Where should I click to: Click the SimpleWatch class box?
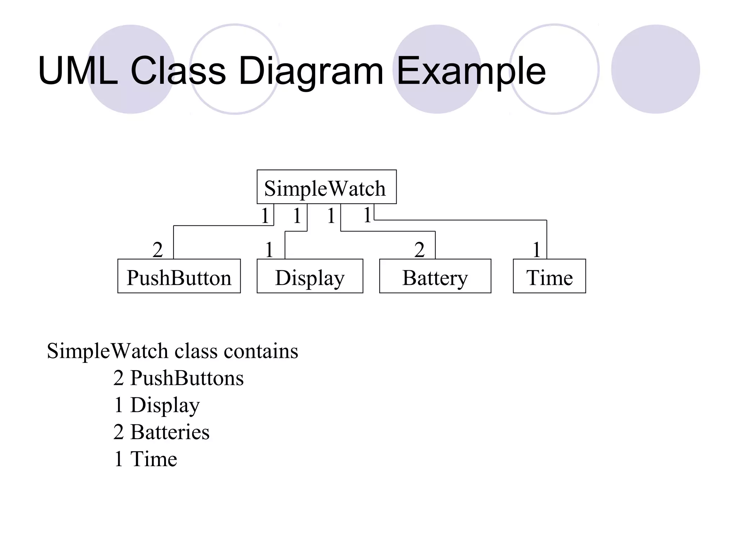coord(326,187)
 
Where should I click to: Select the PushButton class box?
coord(179,276)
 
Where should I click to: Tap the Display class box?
coord(310,276)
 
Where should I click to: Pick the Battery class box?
coord(435,276)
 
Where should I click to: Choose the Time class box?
coord(549,276)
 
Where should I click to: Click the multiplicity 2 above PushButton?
coord(158,249)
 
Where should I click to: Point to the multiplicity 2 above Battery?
coord(419,249)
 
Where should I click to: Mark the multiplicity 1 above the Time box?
coord(536,249)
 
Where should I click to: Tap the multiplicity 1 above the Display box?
coord(269,249)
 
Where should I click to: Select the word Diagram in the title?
coord(311,71)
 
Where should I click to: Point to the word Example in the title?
coord(471,71)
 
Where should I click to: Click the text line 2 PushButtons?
coord(178,378)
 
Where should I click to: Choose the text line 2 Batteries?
coord(161,432)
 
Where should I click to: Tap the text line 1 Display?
coord(157,405)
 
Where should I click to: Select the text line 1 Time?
coord(145,459)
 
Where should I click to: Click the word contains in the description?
coord(261,351)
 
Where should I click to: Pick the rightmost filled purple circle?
coord(655,69)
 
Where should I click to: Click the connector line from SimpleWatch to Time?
coord(461,220)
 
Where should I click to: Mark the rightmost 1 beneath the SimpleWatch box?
coord(367,215)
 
